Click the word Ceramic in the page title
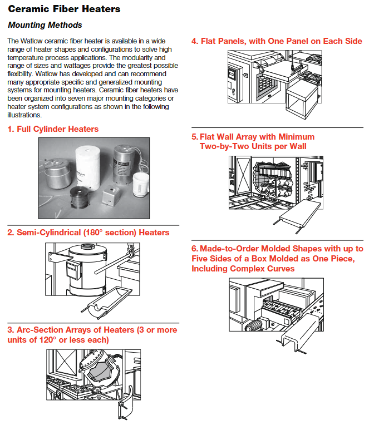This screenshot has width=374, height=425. [27, 9]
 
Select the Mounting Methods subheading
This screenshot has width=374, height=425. [45, 25]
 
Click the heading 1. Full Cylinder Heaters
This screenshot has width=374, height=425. [53, 129]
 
